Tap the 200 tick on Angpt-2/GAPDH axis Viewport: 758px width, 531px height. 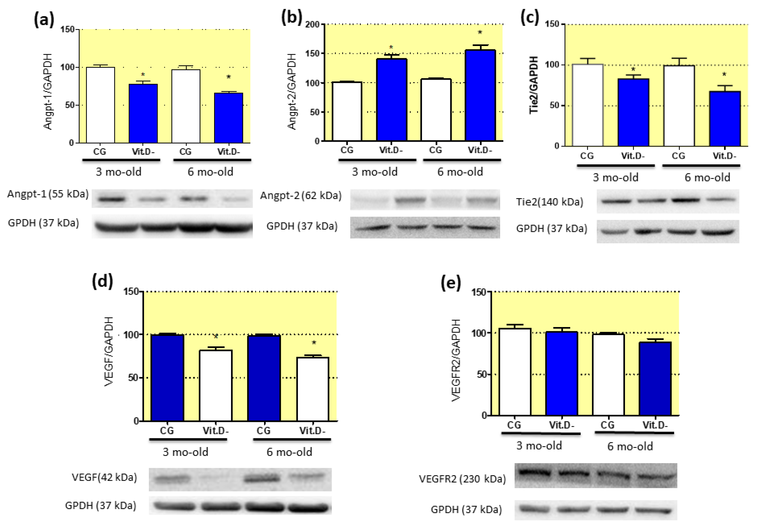[x=312, y=24]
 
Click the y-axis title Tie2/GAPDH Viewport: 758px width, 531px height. [x=533, y=85]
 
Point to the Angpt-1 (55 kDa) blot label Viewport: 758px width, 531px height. [x=48, y=194]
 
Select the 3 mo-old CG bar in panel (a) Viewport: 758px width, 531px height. [x=100, y=105]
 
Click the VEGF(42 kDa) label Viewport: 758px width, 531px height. [x=104, y=477]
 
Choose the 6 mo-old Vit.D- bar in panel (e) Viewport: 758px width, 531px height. [x=655, y=379]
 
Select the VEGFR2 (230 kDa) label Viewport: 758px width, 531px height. [x=462, y=479]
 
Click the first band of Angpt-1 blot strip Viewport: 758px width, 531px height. [x=112, y=199]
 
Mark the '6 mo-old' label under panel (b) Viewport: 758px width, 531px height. [x=460, y=172]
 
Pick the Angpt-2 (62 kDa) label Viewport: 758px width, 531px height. [x=301, y=196]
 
